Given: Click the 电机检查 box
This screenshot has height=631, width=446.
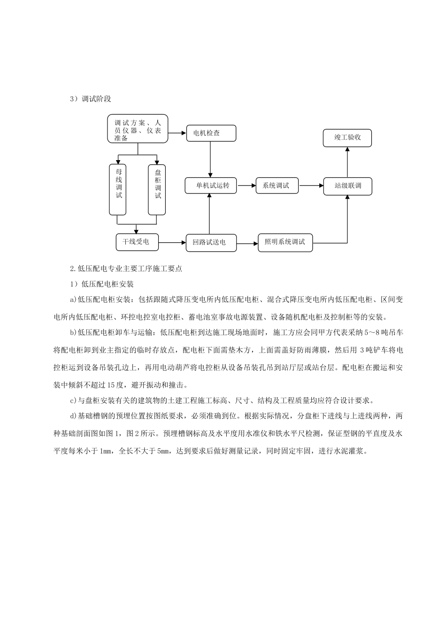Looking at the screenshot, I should coord(211,133).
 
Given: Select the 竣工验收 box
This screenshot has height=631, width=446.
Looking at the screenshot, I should coord(347,138).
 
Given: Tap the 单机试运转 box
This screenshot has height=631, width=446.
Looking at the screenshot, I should coord(210,185).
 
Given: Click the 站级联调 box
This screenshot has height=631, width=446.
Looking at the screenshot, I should coord(348,186).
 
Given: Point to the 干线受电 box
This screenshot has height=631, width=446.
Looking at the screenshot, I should coord(136,242).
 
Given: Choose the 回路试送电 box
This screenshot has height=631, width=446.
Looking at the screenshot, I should coord(210,242).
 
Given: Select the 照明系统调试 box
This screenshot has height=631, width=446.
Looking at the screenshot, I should coord(285,243).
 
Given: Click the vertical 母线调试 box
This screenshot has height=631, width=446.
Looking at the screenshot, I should coord(118,189).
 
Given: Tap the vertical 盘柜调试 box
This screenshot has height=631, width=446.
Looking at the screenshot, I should coord(157,189).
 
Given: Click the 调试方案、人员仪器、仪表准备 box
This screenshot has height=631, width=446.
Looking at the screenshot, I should coord(138,129).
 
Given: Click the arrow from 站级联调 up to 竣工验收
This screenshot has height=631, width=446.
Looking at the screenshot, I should coord(347,162).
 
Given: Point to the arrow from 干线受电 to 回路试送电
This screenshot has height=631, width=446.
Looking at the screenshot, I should coord(172,243).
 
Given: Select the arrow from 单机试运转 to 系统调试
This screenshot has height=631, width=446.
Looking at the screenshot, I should coord(246,185).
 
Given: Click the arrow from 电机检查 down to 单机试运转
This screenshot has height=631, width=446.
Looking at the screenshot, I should coord(210,160).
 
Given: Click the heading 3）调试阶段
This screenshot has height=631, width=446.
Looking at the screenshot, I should coord(90,99).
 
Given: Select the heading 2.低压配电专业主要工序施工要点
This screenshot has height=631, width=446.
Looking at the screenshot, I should coord(125,269).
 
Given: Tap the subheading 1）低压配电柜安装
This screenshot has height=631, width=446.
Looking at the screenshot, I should coord(102,284).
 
